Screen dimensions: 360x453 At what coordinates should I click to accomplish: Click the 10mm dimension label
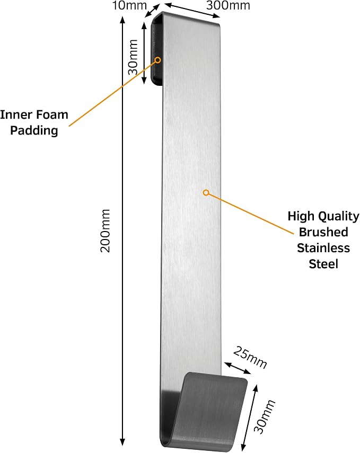[x=129, y=5]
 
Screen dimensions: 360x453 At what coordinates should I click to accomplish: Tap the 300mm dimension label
[x=228, y=5]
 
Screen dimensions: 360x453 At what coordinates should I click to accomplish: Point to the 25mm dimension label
[x=250, y=358]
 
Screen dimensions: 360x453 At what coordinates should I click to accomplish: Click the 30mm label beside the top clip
[x=133, y=57]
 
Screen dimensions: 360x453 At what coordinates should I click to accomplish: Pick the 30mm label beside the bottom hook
[x=264, y=416]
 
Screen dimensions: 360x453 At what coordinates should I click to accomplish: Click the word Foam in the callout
[x=52, y=114]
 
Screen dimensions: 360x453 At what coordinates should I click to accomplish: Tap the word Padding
[x=34, y=130]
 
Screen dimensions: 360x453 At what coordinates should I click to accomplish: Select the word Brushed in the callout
[x=323, y=232]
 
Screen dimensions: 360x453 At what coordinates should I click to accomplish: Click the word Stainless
[x=323, y=248]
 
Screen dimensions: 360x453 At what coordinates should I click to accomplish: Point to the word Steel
[x=323, y=264]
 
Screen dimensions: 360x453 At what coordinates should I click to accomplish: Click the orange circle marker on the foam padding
[x=158, y=60]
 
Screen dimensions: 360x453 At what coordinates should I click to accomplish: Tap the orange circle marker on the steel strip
[x=206, y=192]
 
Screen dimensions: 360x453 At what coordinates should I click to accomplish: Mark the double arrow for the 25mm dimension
[x=238, y=368]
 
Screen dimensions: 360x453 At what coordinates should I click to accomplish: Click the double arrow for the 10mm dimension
[x=152, y=11]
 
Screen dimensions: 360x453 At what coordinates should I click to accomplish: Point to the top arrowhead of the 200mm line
[x=122, y=20]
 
